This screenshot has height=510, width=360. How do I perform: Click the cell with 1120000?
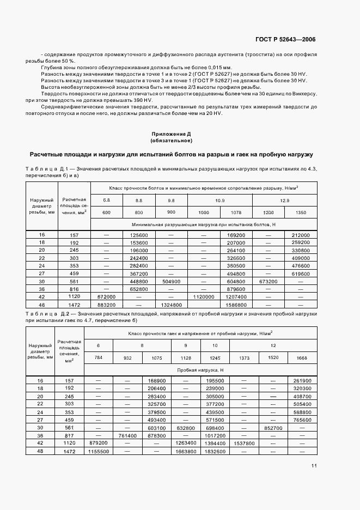(203, 298)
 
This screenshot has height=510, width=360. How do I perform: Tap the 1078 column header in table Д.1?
(236, 212)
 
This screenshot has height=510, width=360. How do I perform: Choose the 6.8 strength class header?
(106, 201)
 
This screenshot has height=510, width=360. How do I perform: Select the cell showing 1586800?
(236, 306)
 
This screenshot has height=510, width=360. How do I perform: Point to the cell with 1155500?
(98, 452)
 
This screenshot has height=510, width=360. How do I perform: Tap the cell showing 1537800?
(243, 445)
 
